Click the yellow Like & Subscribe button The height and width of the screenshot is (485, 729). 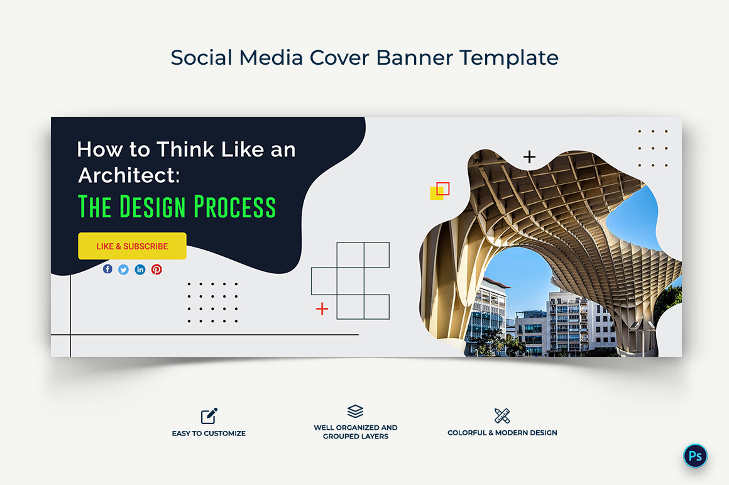[132, 246]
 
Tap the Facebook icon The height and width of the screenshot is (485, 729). [107, 269]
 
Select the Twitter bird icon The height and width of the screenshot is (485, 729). [124, 270]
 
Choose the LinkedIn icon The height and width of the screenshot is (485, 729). [140, 270]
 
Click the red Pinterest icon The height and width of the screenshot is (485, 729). [156, 270]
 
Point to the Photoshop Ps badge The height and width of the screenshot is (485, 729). [695, 456]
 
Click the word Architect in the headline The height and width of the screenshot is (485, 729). [128, 176]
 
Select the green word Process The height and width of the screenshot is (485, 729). [234, 207]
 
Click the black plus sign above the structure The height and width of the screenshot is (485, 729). [530, 157]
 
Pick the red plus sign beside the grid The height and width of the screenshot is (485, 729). [322, 308]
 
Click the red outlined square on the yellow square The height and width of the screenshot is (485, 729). [443, 188]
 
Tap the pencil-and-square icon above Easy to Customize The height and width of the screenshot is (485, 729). [209, 416]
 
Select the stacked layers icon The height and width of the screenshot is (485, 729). [355, 411]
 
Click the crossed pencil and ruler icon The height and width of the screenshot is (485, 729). [502, 415]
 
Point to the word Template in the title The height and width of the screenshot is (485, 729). [508, 58]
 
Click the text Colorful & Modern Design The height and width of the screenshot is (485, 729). [502, 433]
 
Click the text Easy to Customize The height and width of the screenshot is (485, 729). [209, 433]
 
